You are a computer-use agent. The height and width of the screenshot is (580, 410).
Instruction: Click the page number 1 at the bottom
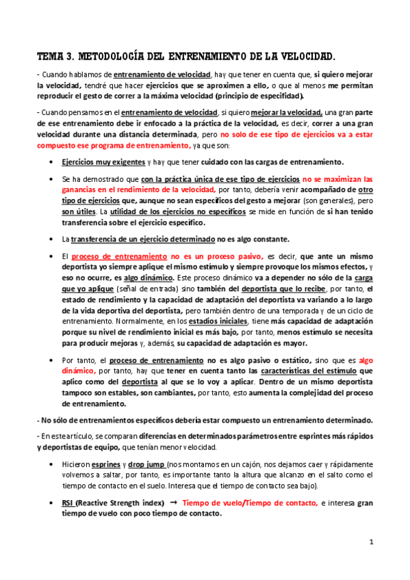pyautogui.click(x=370, y=542)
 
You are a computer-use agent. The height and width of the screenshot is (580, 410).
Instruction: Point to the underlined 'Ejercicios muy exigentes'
pyautogui.click(x=96, y=162)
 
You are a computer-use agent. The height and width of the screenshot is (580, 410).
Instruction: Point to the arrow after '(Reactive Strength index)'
pyautogui.click(x=173, y=503)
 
